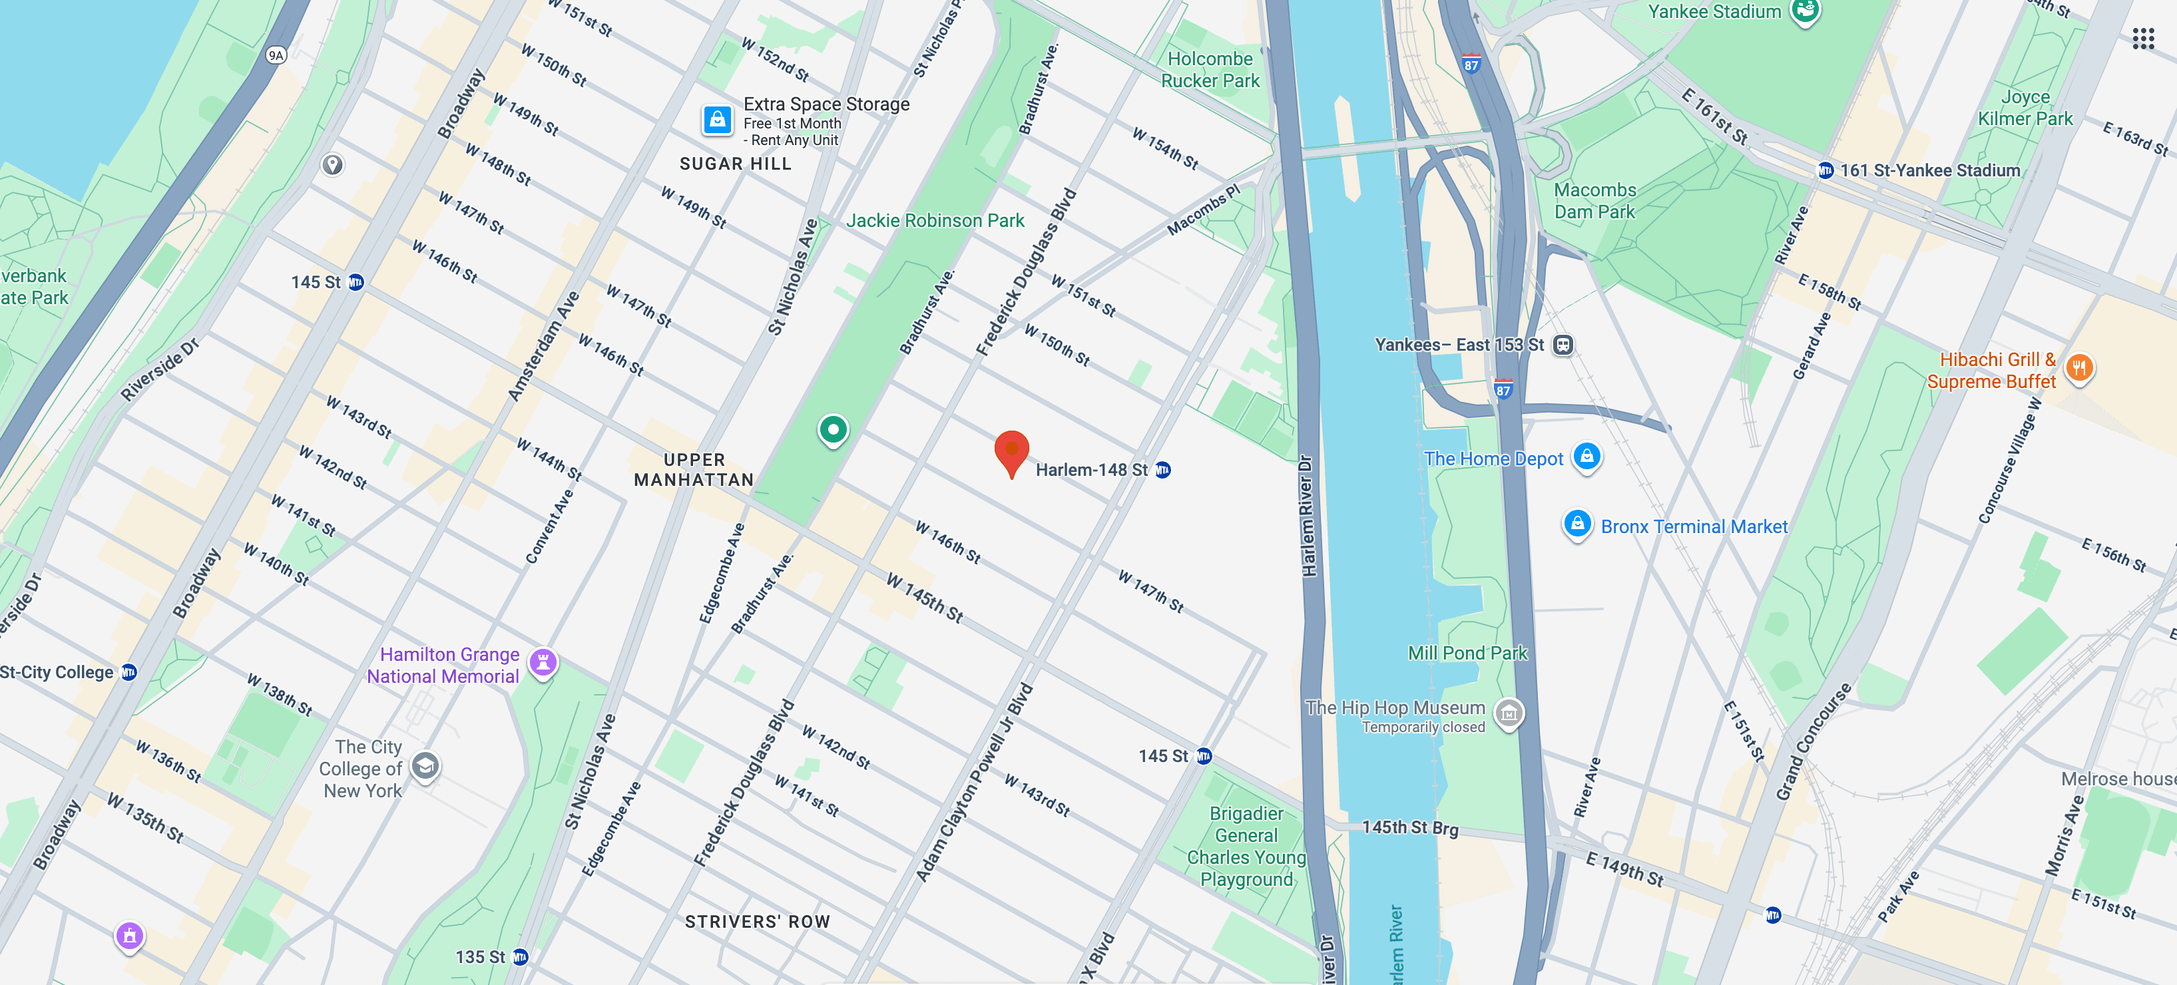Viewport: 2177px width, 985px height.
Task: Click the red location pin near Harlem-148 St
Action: tap(1011, 452)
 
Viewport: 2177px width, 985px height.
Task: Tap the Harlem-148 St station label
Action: tap(1091, 470)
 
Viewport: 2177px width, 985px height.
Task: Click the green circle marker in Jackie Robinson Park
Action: tap(832, 430)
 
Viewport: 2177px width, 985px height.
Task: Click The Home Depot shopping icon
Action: tap(1586, 456)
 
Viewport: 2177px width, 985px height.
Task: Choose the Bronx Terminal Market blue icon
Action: tap(1577, 524)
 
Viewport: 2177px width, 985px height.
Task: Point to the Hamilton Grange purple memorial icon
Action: tap(543, 662)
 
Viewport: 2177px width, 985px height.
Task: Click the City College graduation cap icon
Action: tap(425, 766)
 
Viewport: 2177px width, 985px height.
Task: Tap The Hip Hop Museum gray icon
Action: tap(1509, 713)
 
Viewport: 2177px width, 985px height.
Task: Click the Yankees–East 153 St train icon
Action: tap(1563, 345)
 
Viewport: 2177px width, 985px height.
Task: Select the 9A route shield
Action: tap(276, 56)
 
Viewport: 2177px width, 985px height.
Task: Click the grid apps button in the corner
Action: tap(2142, 38)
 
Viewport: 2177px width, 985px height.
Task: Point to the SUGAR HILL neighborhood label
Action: tap(735, 164)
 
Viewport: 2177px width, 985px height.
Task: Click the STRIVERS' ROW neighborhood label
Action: tap(757, 922)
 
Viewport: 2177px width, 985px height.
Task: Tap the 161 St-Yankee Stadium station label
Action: tap(1929, 170)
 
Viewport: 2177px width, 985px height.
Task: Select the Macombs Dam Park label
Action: tap(1594, 201)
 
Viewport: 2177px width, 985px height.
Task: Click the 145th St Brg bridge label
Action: tap(1409, 828)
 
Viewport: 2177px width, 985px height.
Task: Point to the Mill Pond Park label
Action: tap(1467, 653)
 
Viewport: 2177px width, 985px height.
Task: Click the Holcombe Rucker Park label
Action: tap(1210, 70)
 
